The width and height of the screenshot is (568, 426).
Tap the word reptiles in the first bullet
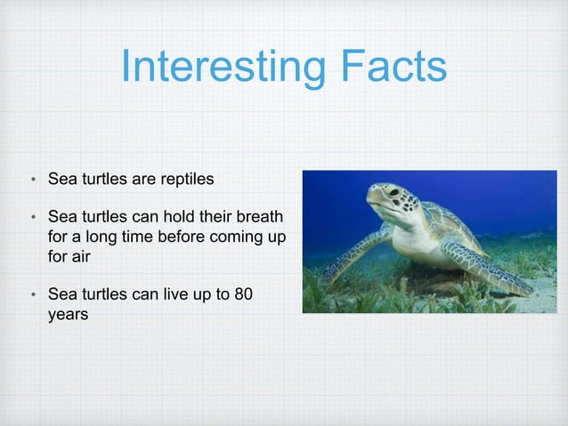[185, 180]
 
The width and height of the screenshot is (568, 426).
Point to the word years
[68, 315]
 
